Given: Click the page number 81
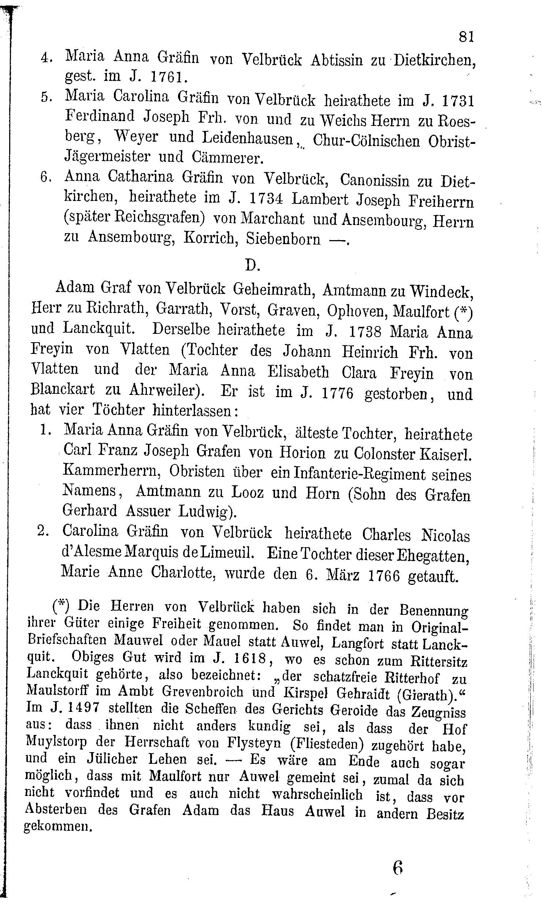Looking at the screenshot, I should point(466,37).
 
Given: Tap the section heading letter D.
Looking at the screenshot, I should point(252,265).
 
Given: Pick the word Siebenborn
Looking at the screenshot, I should point(283,239).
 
